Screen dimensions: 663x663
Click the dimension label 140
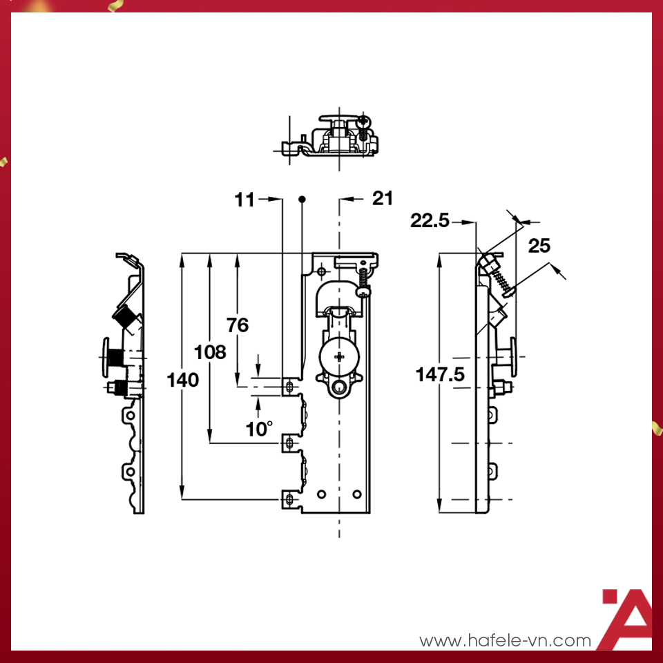183,380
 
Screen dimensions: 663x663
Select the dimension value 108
211,352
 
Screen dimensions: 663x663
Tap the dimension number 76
237,325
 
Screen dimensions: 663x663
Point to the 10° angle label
259,429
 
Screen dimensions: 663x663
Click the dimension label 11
244,200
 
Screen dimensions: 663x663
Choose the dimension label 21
383,199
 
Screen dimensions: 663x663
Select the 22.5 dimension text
430,221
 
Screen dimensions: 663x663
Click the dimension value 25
540,245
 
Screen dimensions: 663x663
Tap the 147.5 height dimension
440,374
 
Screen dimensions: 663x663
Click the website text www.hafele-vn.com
506,641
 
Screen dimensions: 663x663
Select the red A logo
625,619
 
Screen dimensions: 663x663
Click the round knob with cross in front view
338,356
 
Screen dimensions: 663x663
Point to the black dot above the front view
302,200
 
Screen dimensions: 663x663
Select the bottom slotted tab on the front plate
289,499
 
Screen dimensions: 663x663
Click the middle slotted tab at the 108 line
289,443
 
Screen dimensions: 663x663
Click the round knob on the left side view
109,357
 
